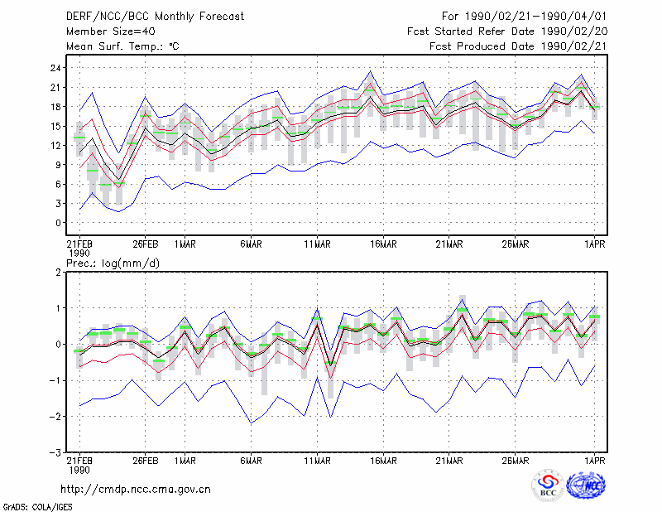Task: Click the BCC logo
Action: click(x=548, y=485)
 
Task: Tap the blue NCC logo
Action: click(x=586, y=485)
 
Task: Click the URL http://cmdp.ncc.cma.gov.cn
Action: click(x=136, y=490)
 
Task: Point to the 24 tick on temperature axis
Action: click(x=56, y=68)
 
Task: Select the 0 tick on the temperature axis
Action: click(x=59, y=223)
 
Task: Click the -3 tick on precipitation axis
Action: click(x=55, y=453)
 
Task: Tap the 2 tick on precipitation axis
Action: click(x=59, y=273)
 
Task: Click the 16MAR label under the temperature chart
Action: click(x=383, y=244)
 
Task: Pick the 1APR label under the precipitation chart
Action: click(x=594, y=461)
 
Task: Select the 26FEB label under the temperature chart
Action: click(x=146, y=244)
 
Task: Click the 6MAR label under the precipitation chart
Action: click(x=252, y=461)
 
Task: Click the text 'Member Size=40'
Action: click(x=111, y=31)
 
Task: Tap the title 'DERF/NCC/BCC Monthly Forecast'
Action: click(x=155, y=17)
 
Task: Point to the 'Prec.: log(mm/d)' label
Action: click(x=113, y=263)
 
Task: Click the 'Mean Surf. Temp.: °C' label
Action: click(x=122, y=46)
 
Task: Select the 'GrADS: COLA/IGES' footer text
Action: click(x=37, y=507)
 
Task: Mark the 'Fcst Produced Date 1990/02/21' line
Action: click(x=518, y=46)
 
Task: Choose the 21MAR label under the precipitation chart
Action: click(x=449, y=461)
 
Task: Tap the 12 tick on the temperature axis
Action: click(x=56, y=146)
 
